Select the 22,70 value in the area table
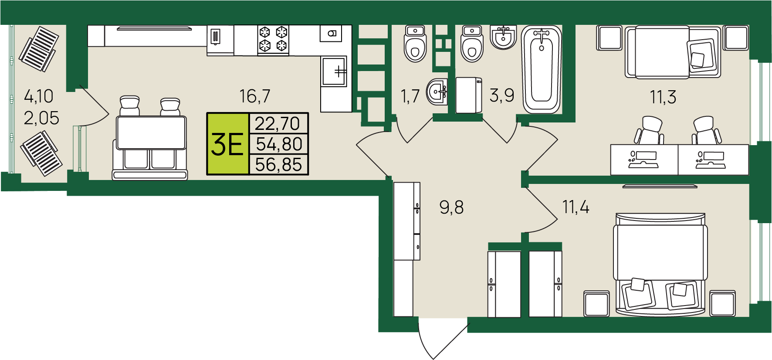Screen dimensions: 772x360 click(x=278, y=123)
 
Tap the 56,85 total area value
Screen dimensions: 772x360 click(x=278, y=165)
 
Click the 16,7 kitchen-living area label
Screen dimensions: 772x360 click(x=255, y=96)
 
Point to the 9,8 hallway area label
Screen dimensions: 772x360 click(x=451, y=207)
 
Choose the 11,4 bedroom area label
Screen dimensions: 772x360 click(x=576, y=207)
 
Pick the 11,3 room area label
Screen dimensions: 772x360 click(x=663, y=97)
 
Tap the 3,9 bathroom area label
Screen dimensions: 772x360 click(x=502, y=95)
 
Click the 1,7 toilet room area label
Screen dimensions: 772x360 click(x=410, y=96)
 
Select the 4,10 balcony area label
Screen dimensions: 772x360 click(x=39, y=96)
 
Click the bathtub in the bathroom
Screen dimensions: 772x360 click(x=542, y=69)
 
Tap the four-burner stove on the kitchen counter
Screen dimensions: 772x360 click(x=273, y=39)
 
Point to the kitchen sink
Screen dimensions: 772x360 click(x=334, y=71)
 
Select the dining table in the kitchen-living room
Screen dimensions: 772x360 click(x=151, y=132)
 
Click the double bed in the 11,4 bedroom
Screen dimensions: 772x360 click(x=660, y=264)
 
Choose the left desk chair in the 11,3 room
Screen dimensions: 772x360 click(x=649, y=130)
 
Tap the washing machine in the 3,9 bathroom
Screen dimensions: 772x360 click(x=469, y=95)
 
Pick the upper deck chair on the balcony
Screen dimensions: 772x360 click(x=38, y=49)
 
